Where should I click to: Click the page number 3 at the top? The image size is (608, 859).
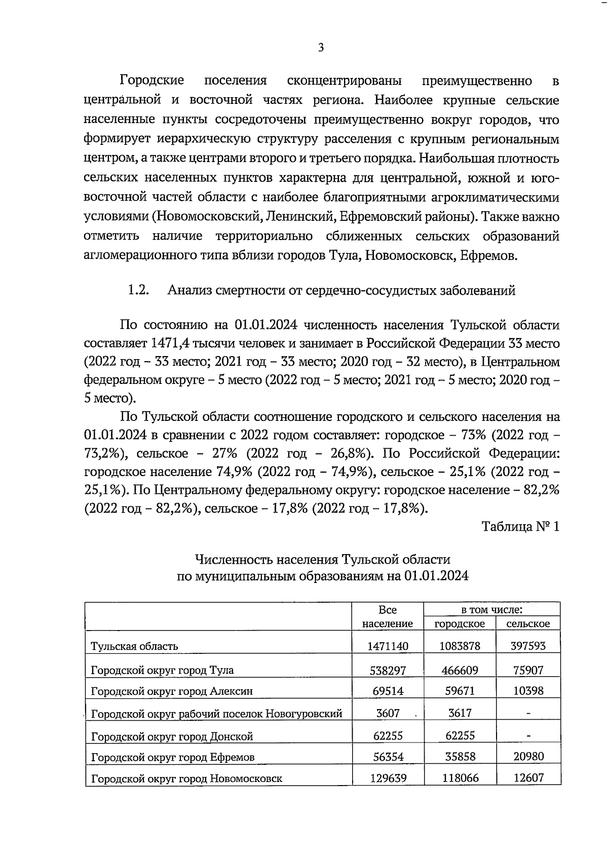point(320,48)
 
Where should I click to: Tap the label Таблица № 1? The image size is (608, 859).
point(520,527)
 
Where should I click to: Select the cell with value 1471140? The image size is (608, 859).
point(388,646)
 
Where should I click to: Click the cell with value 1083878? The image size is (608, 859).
point(460,646)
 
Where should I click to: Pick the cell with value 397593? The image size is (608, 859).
point(528,646)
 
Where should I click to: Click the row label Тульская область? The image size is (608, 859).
point(134,646)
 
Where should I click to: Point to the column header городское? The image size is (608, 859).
point(460,623)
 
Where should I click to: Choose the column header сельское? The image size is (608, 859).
point(528,623)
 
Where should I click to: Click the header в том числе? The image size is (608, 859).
point(491,610)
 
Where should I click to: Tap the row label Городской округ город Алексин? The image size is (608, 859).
point(172,691)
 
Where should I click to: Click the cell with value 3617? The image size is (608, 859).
point(460,713)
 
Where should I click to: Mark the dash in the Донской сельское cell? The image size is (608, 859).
point(528,735)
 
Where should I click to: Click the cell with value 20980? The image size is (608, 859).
point(528,757)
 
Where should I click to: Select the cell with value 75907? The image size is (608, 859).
point(528,670)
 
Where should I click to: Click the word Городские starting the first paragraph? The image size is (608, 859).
point(152,81)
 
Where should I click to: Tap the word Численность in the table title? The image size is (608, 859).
point(230,560)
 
